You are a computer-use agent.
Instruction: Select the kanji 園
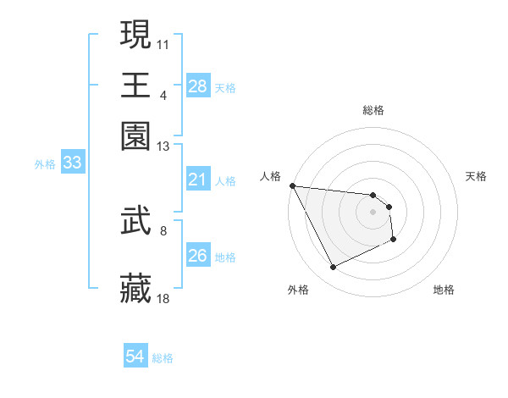(136, 136)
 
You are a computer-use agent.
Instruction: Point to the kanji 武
(136, 221)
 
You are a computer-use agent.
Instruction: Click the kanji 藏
(136, 289)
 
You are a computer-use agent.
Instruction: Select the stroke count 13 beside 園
(163, 146)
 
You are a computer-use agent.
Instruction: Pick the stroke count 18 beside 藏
(163, 298)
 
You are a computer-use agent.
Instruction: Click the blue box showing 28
(197, 86)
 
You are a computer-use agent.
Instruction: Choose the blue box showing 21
(197, 180)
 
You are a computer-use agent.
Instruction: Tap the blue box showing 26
(197, 256)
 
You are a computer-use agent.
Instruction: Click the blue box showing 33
(72, 163)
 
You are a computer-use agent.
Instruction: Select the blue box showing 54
(135, 357)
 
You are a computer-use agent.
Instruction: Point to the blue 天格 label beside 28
(225, 87)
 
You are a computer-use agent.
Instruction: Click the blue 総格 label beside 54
(163, 358)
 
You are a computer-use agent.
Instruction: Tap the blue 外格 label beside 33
(44, 164)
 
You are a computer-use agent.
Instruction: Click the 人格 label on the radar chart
(271, 176)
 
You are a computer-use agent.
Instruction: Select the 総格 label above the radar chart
(373, 110)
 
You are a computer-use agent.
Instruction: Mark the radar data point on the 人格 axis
(292, 185)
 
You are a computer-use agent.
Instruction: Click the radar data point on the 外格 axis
(333, 268)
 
